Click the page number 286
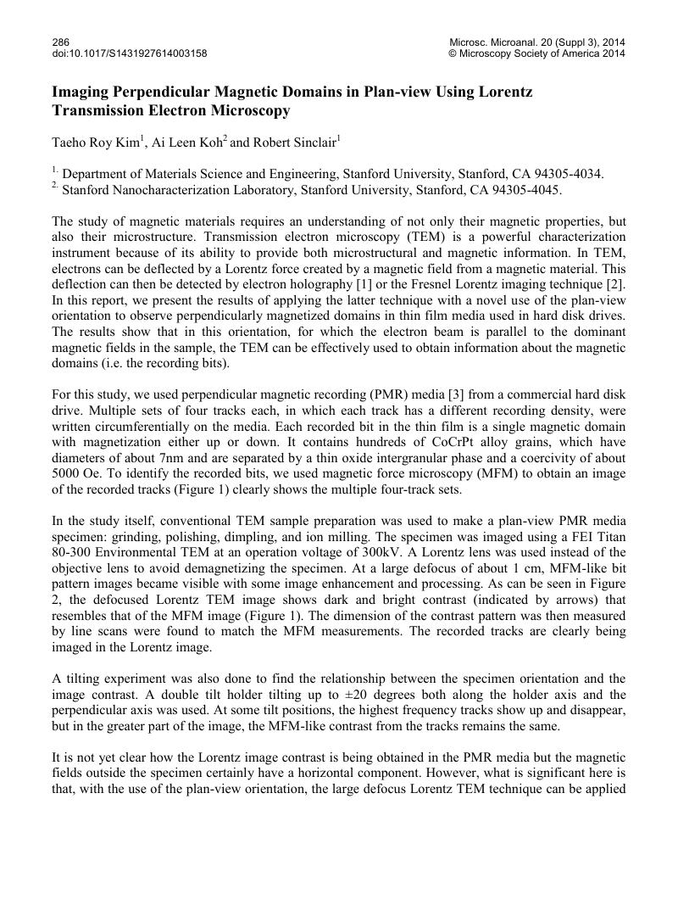(60, 42)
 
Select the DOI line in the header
(130, 53)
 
